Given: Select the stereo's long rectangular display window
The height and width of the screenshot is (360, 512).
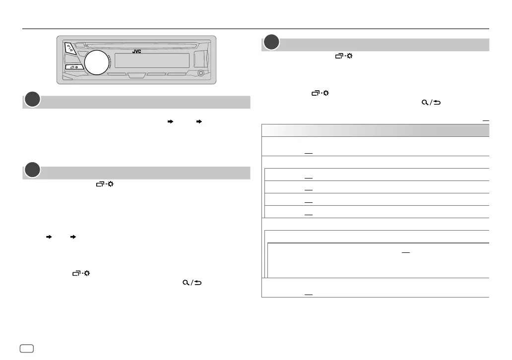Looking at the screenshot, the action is point(152,60).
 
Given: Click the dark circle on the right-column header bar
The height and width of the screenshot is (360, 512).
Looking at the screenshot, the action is point(271,43).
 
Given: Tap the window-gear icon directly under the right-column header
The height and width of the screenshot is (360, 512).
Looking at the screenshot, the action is point(343,57).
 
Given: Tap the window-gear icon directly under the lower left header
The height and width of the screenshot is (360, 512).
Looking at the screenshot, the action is point(104,184).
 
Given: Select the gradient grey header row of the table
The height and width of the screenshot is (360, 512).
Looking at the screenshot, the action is point(375,130).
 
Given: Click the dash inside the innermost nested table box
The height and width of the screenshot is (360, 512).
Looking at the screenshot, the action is point(405,251).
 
